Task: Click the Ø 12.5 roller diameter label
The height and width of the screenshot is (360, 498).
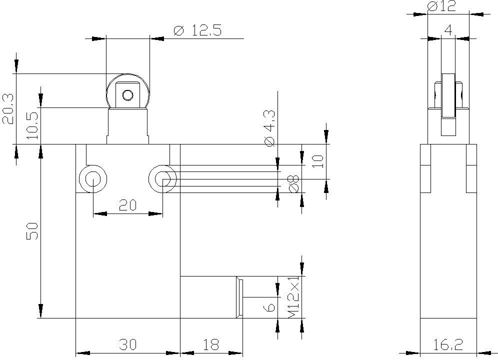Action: (197, 30)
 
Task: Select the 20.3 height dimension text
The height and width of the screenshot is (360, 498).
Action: (8, 108)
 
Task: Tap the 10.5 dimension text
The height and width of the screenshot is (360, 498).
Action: (32, 126)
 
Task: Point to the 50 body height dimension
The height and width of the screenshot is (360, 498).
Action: (32, 231)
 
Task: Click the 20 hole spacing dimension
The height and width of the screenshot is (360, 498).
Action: (127, 205)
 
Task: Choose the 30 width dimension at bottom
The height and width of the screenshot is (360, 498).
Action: (127, 344)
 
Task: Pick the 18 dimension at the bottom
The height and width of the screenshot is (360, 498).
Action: (211, 344)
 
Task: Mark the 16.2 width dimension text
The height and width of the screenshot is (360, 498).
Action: (448, 344)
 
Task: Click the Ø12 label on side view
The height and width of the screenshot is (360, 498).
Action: (442, 6)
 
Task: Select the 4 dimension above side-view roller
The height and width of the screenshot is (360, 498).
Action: (448, 30)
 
